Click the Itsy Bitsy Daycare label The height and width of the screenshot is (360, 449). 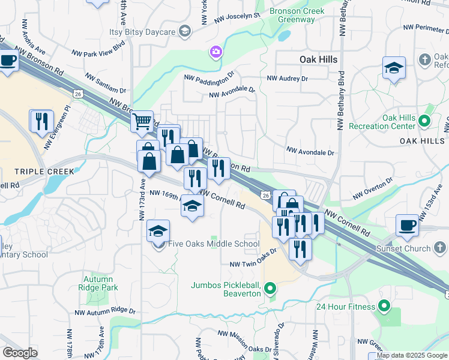142,31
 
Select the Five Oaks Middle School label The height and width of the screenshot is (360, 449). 214,244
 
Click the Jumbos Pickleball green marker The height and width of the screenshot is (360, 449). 270,290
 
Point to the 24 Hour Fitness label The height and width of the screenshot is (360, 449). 346,307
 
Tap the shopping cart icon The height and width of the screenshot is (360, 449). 142,122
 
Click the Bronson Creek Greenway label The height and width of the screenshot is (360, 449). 297,15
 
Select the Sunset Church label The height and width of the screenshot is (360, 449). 403,248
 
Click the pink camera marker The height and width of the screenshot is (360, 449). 215,53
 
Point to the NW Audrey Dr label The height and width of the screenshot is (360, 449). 287,79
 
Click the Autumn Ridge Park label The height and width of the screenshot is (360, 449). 98,283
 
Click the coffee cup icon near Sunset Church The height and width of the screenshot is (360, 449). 408,225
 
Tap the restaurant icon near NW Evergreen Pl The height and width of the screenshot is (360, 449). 41,121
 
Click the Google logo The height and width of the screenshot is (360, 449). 20,353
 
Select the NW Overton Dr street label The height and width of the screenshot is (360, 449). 372,187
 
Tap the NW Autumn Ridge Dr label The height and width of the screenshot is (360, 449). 106,312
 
